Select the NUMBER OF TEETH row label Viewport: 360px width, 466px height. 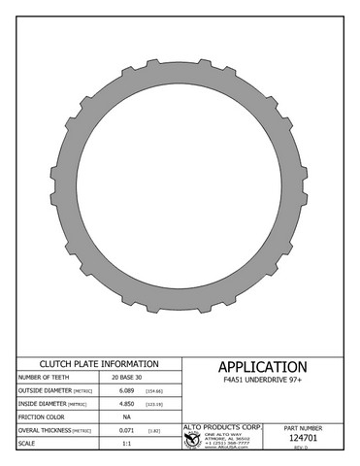click(44, 376)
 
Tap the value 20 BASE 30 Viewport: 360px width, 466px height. click(127, 376)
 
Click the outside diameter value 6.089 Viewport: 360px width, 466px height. click(126, 389)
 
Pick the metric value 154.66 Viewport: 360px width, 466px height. click(153, 389)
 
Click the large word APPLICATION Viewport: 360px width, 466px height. click(262, 367)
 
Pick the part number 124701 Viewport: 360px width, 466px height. click(305, 438)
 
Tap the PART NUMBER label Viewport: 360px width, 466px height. click(305, 427)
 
